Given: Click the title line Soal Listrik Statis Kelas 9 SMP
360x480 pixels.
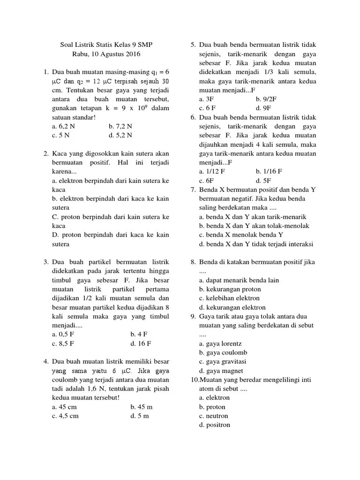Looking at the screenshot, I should [x=106, y=45].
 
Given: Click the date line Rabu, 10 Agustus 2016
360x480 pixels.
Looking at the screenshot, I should [x=106, y=54].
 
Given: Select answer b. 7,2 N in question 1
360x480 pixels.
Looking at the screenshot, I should [x=120, y=126].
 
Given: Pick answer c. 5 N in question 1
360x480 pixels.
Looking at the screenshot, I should [x=61, y=135].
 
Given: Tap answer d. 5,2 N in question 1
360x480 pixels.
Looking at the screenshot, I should [x=120, y=135].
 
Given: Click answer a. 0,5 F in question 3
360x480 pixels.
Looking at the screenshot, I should [x=63, y=334].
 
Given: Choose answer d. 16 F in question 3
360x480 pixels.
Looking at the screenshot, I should [x=141, y=343].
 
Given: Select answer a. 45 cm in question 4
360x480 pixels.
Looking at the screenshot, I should [x=65, y=406].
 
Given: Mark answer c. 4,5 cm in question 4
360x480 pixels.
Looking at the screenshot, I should [x=66, y=415].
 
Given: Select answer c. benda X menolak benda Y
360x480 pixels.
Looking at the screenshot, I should [x=241, y=235].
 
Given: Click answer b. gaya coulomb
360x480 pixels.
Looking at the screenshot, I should [x=223, y=352].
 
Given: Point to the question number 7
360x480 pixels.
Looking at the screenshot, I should [x=193, y=189].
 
